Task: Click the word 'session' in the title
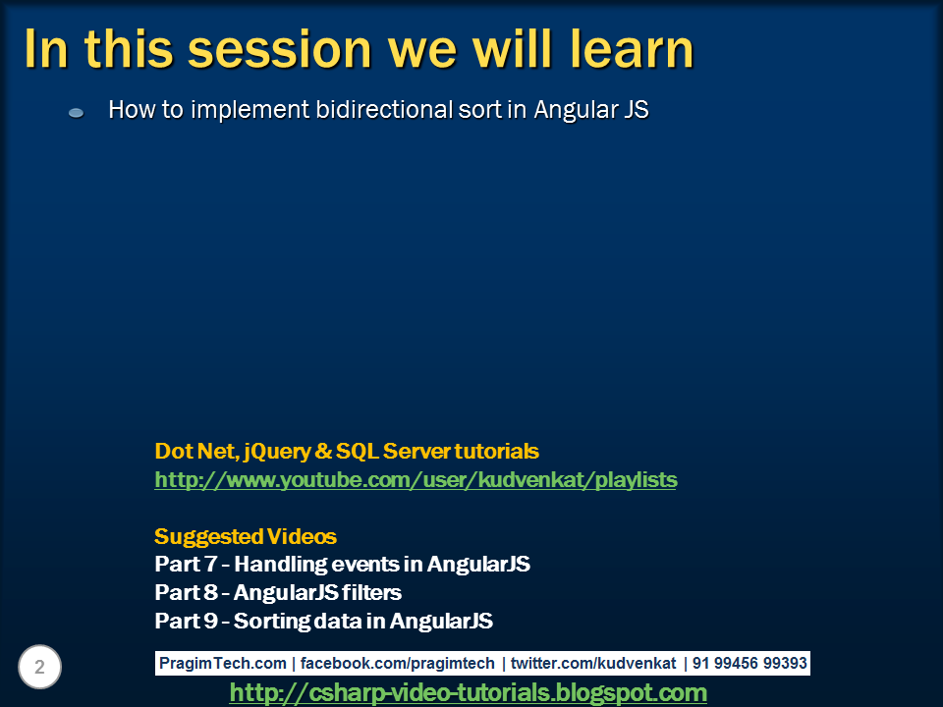coord(280,49)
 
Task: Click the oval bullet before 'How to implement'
coord(77,112)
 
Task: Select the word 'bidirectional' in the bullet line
coord(384,109)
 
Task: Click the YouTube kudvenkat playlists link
coord(416,480)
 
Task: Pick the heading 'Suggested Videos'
coord(246,536)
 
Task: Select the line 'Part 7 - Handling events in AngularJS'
coord(342,564)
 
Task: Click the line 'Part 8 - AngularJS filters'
coord(278,592)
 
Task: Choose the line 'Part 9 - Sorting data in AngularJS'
coord(323,621)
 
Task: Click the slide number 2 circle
coord(39,667)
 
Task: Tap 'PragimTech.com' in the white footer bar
coord(223,663)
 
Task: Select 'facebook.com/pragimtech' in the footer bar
coord(398,663)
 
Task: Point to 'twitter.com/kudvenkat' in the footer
coord(593,663)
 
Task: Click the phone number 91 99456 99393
coord(749,663)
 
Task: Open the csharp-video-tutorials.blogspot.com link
coord(468,692)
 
